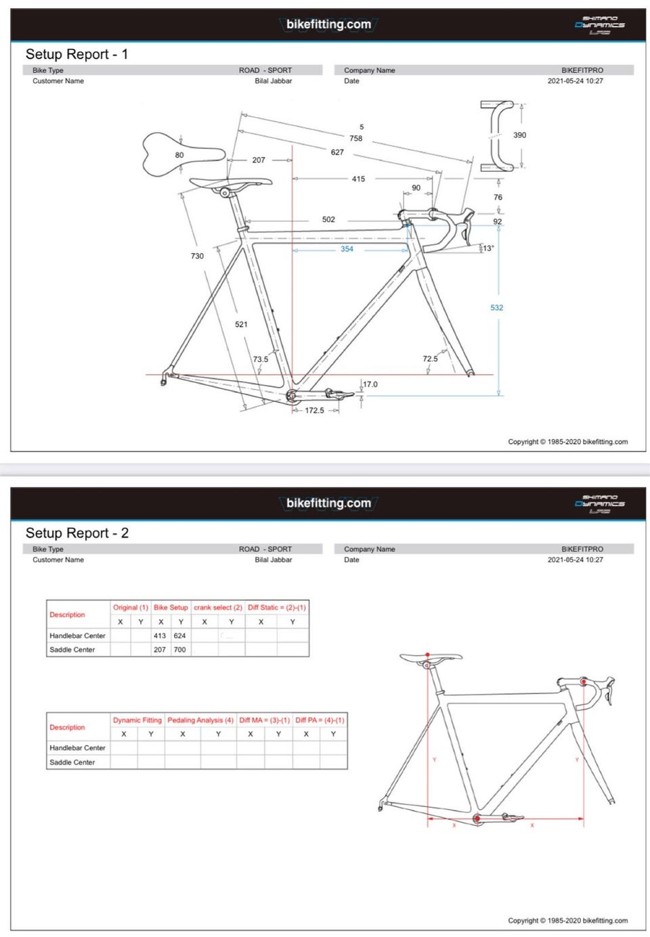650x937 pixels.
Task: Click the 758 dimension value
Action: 356,139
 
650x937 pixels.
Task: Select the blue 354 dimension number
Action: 347,249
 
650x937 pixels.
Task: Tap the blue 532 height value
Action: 497,308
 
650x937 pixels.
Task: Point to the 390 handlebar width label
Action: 519,135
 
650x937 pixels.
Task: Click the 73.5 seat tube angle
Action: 261,359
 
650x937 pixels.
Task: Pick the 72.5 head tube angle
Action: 430,359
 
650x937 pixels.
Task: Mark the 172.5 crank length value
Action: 314,411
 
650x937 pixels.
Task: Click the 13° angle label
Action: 488,248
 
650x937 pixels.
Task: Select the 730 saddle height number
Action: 197,256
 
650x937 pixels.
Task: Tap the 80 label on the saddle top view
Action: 179,155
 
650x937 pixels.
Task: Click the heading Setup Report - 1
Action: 77,55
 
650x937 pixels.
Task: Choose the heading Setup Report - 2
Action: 77,533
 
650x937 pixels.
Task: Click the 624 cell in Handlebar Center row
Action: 179,636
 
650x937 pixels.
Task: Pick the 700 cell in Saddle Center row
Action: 179,649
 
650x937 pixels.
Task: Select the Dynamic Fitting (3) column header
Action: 137,721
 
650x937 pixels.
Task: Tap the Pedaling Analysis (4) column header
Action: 200,721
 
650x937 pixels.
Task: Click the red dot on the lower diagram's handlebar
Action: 584,682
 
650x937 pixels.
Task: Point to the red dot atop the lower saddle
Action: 428,654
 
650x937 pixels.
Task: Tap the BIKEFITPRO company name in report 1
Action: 582,70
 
